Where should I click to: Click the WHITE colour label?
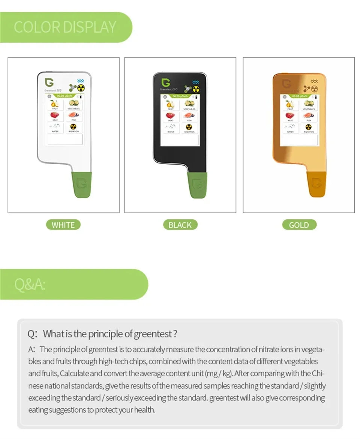coord(63,225)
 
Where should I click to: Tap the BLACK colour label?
coord(180,225)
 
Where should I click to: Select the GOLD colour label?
coord(299,225)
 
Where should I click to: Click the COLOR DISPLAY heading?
coord(65,27)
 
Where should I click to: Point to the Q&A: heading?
coord(30,284)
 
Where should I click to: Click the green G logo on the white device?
coord(49,82)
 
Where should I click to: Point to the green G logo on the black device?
coord(165,82)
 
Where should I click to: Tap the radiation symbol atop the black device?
coord(196,89)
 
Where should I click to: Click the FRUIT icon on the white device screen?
coord(55,104)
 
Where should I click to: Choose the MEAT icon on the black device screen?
coord(171,116)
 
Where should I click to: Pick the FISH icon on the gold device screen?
coord(309,116)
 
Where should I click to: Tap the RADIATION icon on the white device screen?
coord(73,127)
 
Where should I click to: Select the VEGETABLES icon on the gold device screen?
coord(309,104)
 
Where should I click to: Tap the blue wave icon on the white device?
coord(80,81)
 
